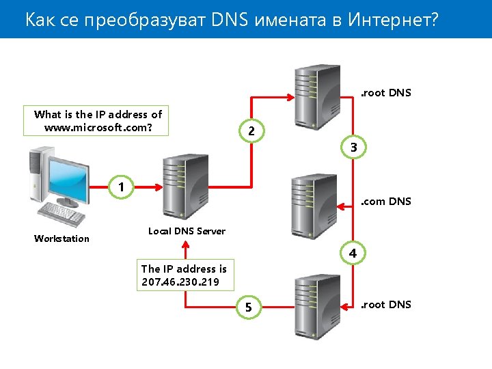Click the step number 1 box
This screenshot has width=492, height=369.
121,186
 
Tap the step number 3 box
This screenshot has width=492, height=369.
353,148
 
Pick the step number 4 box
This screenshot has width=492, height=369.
353,253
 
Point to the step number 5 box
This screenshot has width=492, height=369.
249,308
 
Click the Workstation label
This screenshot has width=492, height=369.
61,238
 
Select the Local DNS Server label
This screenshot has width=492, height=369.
187,231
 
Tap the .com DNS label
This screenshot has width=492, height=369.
386,201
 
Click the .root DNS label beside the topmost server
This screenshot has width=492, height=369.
386,93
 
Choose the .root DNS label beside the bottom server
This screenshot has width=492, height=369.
386,305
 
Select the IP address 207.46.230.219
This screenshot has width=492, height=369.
180,282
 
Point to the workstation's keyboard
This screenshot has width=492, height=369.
61,214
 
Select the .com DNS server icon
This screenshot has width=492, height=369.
314,205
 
